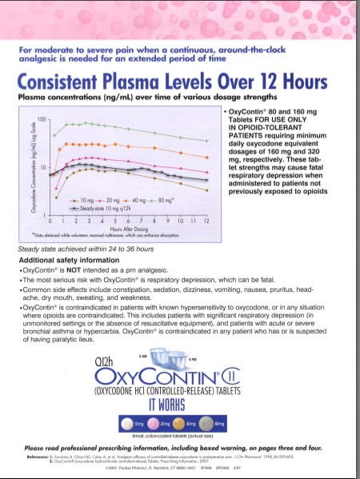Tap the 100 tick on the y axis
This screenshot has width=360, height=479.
(x=42, y=119)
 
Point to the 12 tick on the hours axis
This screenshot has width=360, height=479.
(x=206, y=219)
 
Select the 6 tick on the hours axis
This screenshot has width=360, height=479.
(x=128, y=219)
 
